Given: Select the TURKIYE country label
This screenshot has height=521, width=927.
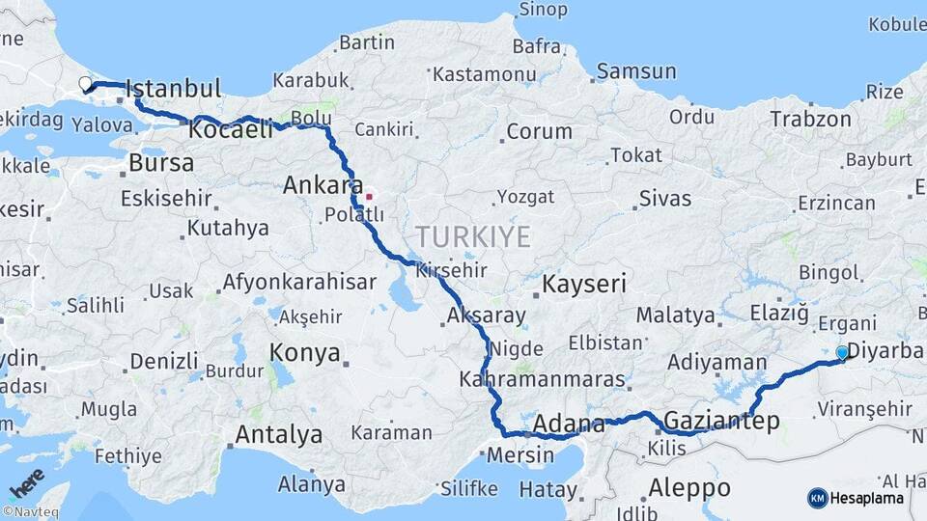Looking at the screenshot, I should (x=473, y=236).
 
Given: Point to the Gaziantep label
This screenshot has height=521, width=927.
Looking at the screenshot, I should (x=722, y=421).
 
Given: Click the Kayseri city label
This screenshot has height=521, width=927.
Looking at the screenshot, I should (x=584, y=285).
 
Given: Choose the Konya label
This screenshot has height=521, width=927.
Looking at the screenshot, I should (x=304, y=352).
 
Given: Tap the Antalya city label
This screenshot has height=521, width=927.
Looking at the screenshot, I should (x=278, y=434).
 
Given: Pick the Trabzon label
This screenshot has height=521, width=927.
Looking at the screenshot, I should (x=810, y=120).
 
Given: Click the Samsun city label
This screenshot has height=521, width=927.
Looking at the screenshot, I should (x=635, y=71).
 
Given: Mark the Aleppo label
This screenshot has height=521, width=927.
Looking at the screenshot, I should (x=689, y=487).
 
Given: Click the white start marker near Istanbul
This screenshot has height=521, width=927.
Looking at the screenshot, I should (x=85, y=84).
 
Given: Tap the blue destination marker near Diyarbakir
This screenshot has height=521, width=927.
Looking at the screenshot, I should (x=842, y=354).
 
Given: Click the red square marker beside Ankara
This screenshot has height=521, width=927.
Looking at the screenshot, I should (x=368, y=196).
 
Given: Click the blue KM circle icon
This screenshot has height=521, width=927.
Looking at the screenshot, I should (x=817, y=498).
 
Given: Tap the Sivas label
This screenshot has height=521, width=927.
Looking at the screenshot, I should (x=664, y=199).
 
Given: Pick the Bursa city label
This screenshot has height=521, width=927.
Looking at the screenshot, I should (x=160, y=162).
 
